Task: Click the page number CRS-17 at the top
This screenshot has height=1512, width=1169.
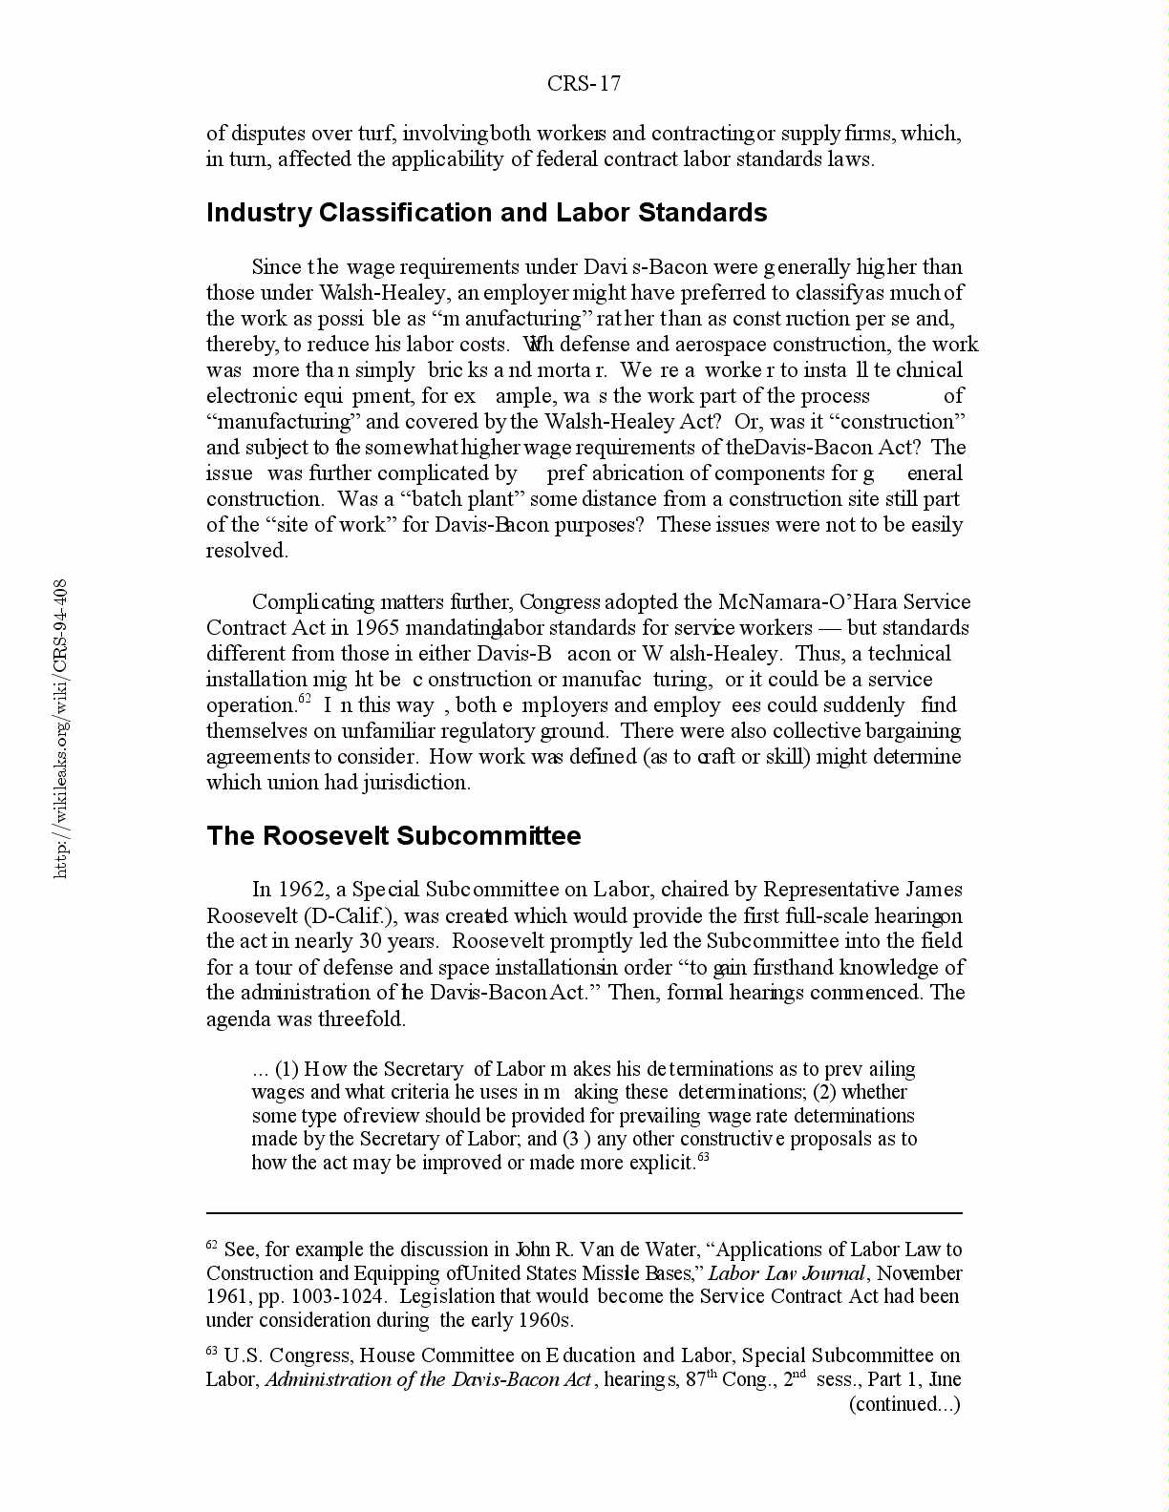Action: (x=584, y=84)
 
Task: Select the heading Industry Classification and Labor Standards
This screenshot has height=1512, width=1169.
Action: (x=486, y=212)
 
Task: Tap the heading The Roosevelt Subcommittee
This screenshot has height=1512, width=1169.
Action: (x=393, y=835)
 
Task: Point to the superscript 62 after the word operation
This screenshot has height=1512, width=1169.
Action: (x=306, y=700)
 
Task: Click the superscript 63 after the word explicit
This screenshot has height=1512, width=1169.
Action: (x=703, y=1158)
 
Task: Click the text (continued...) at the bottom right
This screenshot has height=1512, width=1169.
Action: (x=904, y=1403)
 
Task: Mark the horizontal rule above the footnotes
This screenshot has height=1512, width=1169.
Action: (x=584, y=1213)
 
